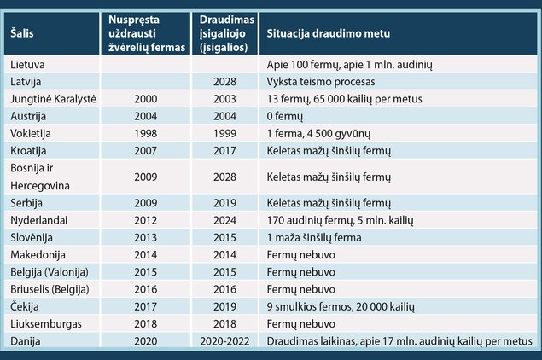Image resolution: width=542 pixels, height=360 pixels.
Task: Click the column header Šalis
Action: [x=22, y=33]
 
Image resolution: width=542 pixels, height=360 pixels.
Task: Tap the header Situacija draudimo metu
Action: [x=329, y=33]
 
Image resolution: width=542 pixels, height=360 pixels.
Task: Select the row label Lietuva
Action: [x=27, y=65]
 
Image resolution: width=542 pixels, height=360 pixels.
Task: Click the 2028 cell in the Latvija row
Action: [x=224, y=82]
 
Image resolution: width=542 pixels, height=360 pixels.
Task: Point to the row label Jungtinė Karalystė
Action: [x=53, y=99]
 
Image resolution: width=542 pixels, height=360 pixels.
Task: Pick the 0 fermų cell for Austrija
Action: [x=285, y=116]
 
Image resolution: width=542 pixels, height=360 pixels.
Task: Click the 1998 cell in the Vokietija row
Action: [x=145, y=134]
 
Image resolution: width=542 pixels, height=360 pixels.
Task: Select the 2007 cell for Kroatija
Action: [x=145, y=151]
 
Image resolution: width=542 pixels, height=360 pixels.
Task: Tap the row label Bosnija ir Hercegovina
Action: [x=40, y=177]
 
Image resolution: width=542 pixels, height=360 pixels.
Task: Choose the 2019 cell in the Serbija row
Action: [x=224, y=203]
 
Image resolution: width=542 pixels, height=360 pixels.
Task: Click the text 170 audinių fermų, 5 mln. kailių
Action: [x=340, y=220]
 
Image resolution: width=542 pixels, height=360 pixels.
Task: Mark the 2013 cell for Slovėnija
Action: [x=145, y=238]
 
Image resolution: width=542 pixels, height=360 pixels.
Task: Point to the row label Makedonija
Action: [x=38, y=255]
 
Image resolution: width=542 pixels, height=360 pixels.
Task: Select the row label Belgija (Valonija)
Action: [x=50, y=272]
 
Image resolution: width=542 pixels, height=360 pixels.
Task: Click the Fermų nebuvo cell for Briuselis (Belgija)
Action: [x=301, y=289]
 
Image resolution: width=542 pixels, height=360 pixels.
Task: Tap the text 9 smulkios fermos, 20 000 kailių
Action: [x=341, y=307]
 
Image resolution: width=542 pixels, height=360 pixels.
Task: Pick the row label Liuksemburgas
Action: [x=46, y=324]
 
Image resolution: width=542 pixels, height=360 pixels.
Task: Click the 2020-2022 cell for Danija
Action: [x=224, y=341]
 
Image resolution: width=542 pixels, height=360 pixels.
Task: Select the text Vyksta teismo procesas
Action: [x=321, y=82]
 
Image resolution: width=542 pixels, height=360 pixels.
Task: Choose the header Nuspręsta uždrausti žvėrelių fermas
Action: [x=147, y=33]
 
